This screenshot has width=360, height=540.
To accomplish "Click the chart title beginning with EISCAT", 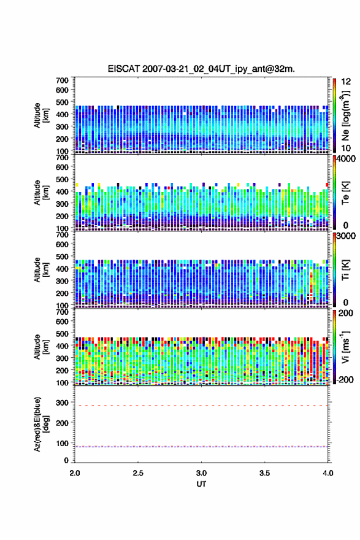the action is [201, 69].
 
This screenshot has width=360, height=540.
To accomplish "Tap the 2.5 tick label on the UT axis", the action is [138, 473].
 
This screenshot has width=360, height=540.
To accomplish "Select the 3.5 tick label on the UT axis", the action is [265, 473].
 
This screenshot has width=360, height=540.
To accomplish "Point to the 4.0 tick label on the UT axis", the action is [328, 473].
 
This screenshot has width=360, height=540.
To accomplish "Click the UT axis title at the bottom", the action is [201, 484].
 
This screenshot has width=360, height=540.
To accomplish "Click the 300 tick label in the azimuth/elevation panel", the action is [63, 403].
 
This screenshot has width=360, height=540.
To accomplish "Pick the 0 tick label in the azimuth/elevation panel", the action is [66, 460].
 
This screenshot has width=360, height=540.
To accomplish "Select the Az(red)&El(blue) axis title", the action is [41, 424].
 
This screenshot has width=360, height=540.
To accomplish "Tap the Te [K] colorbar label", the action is [345, 193].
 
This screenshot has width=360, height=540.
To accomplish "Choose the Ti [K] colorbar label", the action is [345, 270].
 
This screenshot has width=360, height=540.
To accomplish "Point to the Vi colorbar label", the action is [345, 347].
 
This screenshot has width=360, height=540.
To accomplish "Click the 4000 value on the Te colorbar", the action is [345, 159].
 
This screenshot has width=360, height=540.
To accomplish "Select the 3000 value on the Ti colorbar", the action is [345, 236].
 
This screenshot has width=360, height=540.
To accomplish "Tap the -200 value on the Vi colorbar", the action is [345, 379].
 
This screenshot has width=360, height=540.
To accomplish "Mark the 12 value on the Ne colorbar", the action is [346, 82].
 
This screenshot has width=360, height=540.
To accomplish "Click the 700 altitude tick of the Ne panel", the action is [63, 80].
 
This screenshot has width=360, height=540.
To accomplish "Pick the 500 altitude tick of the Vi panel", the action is [63, 334].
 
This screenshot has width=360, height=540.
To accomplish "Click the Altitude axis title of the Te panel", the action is [41, 193].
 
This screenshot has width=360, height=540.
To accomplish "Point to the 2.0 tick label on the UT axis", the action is [75, 473].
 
